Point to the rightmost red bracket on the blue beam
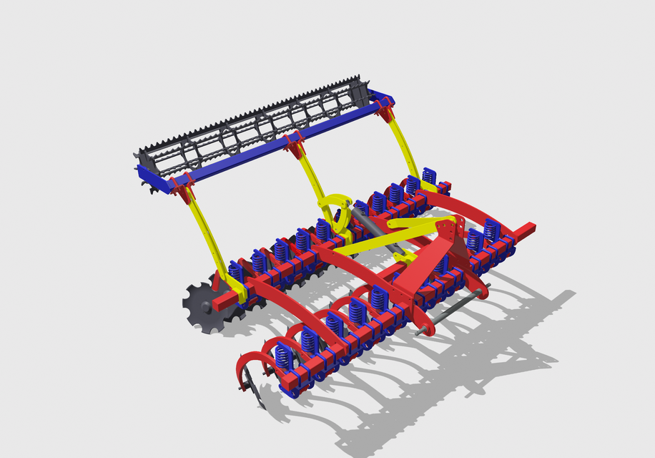click(x=385, y=108)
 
